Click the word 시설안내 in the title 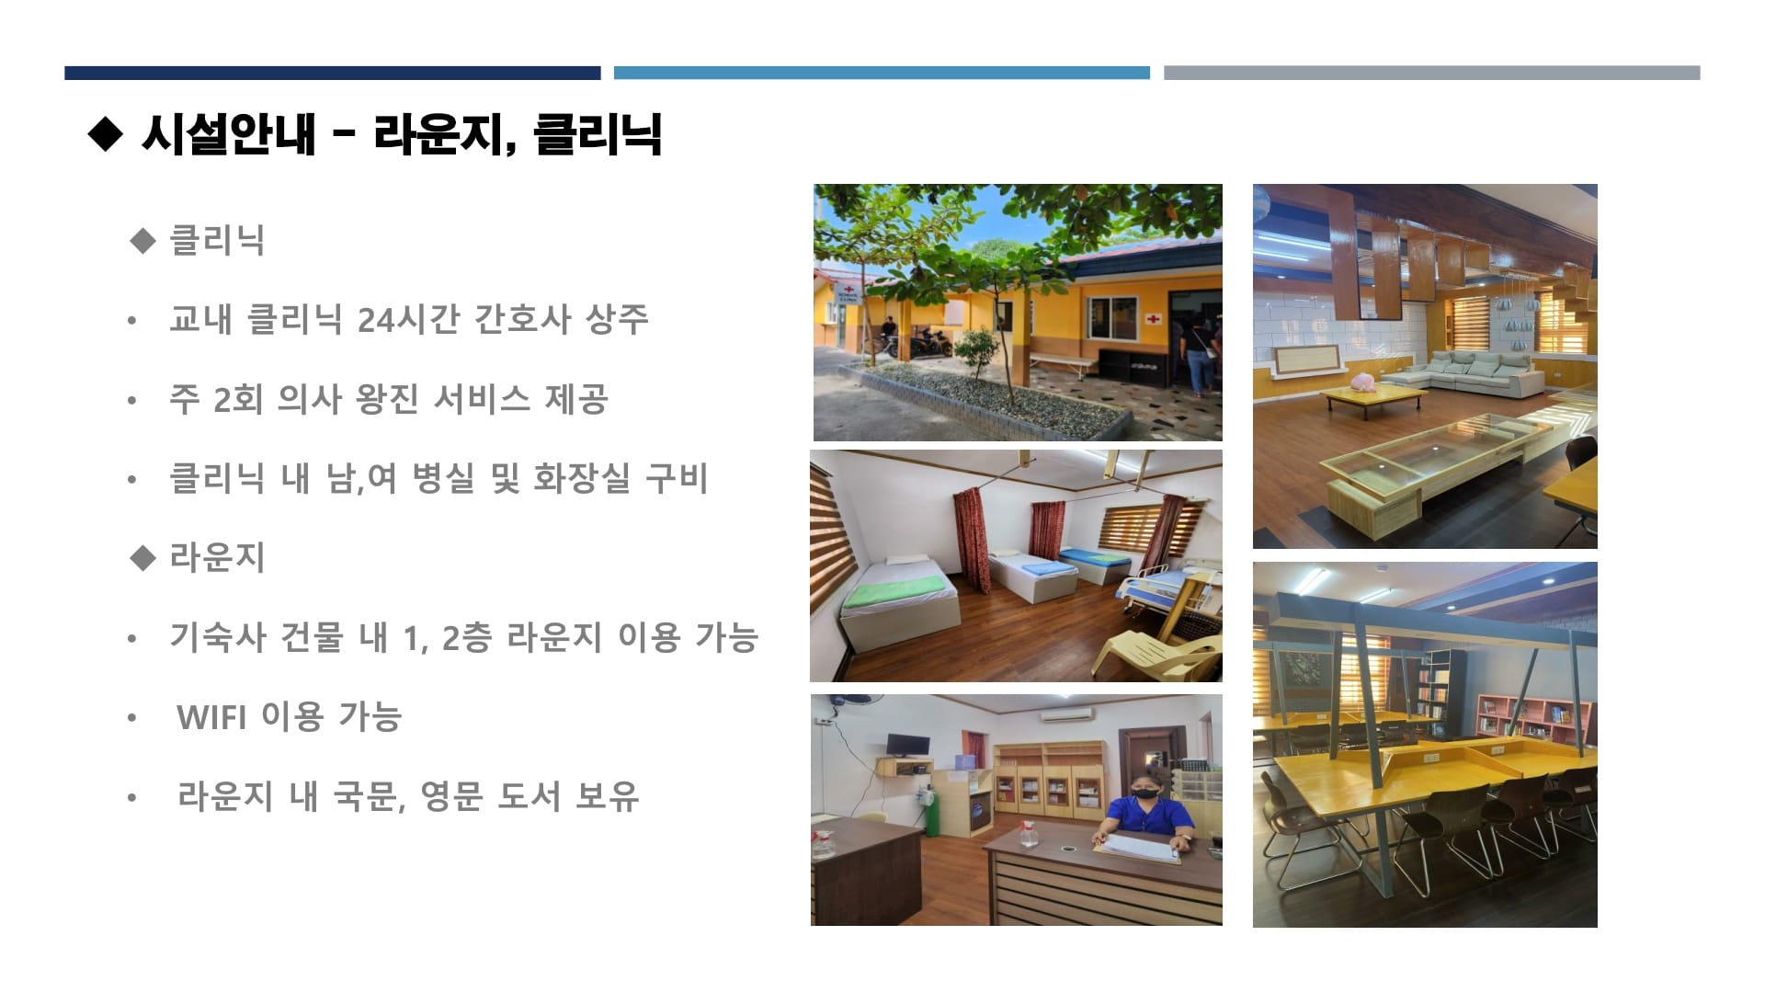click(228, 134)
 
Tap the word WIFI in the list click(211, 717)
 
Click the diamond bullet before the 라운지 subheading click(143, 557)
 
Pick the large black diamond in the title click(105, 134)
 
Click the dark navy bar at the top click(332, 73)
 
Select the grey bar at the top click(1431, 73)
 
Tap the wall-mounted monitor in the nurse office click(908, 746)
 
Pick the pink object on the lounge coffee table click(1363, 381)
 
